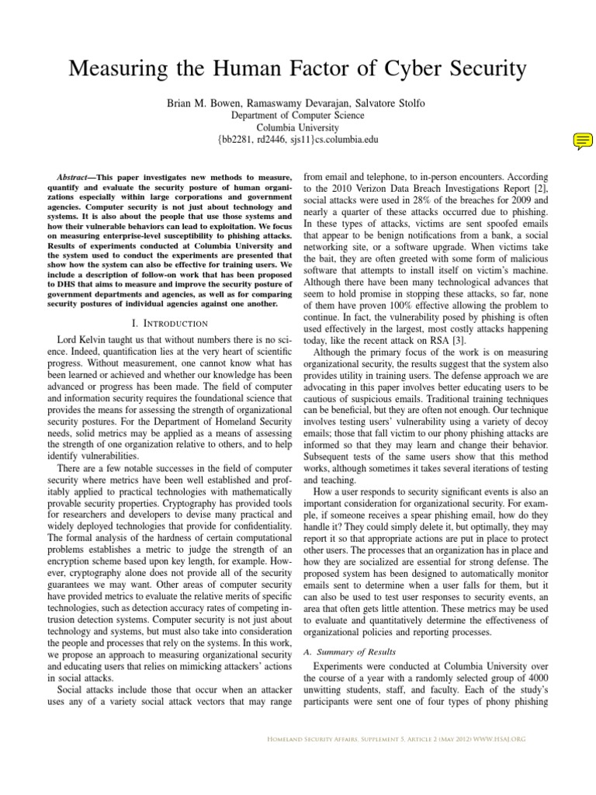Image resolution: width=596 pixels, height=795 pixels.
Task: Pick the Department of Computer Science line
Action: tap(298, 115)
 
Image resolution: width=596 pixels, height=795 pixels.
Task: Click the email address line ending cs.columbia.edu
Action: tap(298, 140)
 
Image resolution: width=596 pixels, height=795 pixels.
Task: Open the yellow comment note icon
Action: tap(583, 141)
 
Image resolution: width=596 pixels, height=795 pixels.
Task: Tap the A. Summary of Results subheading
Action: tap(349, 651)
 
